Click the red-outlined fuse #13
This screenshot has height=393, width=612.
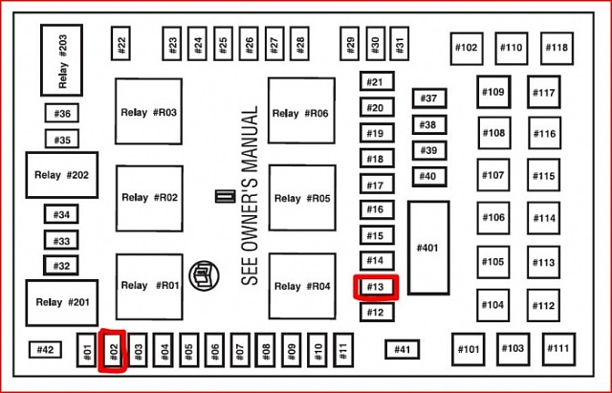(375, 286)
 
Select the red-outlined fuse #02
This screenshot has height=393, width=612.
(113, 350)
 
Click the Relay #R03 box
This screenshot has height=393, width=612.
(149, 113)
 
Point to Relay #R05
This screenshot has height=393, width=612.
(301, 198)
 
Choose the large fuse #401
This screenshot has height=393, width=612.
(427, 248)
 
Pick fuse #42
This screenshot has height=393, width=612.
(46, 350)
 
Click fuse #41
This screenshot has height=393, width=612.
(403, 350)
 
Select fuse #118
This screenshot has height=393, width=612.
(557, 48)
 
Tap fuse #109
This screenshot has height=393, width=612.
(493, 93)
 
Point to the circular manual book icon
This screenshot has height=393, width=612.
(202, 273)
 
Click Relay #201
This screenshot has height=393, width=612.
(62, 302)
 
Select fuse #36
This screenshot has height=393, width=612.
(62, 114)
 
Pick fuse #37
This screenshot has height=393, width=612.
(427, 98)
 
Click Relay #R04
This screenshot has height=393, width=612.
(301, 286)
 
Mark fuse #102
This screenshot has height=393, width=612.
(467, 48)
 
